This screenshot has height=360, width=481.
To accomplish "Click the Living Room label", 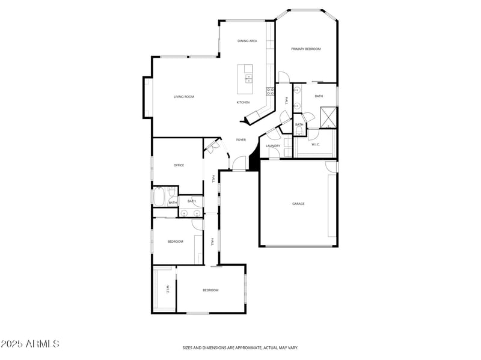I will tap(183, 97).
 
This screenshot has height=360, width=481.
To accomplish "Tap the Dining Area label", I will tap(247, 41).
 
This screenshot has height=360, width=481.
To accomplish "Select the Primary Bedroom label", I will tap(305, 49).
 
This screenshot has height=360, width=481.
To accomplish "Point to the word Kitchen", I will tap(243, 102).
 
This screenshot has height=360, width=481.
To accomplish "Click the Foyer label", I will tap(240, 140).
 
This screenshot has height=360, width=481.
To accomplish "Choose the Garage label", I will tap(298, 204).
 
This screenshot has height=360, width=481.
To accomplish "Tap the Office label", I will tap(179, 165).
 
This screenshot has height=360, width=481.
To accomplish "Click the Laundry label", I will tap(273, 145).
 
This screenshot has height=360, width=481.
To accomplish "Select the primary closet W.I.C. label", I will tap(316, 144).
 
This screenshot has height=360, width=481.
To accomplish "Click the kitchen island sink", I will tap(249, 79).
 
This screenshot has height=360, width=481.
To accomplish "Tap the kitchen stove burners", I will tap(271, 91).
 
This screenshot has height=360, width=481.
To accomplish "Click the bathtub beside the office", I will tap(159, 197).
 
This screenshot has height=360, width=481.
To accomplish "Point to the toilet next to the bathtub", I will tap(171, 194).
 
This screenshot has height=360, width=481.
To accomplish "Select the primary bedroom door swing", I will tap(284, 78).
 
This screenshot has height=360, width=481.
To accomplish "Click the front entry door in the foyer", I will tap(239, 163).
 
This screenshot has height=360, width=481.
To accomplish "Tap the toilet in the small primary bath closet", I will tap(299, 131).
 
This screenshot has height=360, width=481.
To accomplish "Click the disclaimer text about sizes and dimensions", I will tap(240, 347).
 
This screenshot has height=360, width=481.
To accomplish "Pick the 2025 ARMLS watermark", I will tap(30, 344).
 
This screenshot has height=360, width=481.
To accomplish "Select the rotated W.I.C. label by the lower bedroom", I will tap(168, 290).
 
